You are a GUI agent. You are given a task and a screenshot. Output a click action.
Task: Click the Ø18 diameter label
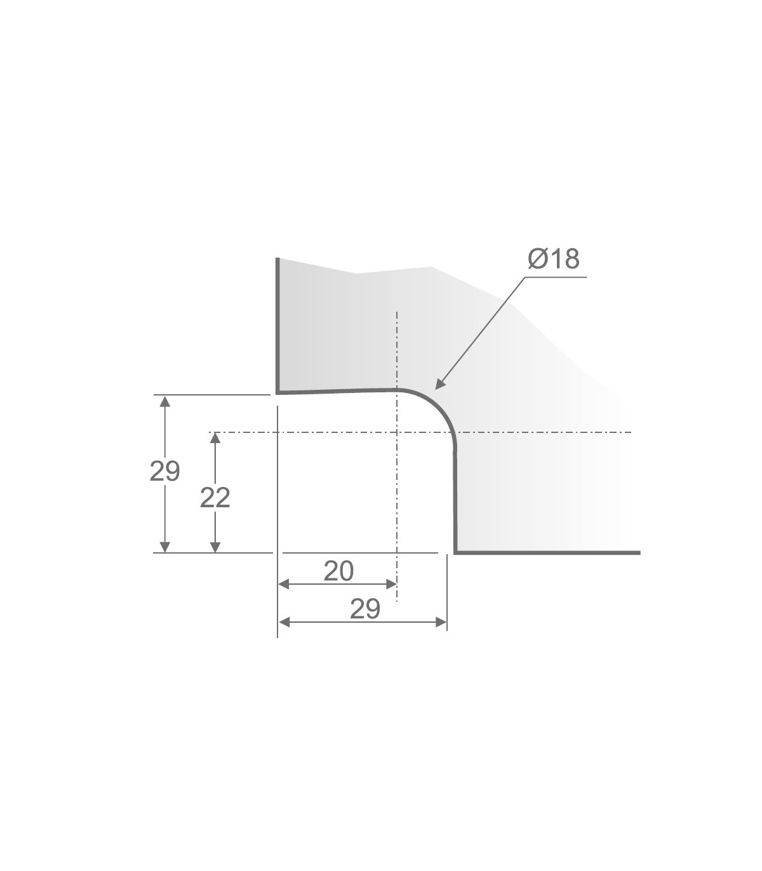tap(554, 259)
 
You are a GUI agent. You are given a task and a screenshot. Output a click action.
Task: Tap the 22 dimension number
tap(215, 498)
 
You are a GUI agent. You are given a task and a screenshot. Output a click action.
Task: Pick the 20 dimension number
tap(338, 571)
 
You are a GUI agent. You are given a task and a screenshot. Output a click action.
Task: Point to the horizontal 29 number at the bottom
tap(365, 609)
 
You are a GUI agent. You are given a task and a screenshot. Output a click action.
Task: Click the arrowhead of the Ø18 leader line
tap(438, 384)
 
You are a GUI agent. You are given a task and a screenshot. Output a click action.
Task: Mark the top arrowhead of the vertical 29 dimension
tap(165, 400)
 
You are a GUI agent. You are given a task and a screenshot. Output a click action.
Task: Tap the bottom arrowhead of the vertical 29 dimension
tap(165, 547)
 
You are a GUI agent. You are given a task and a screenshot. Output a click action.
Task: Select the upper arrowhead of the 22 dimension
tap(215, 438)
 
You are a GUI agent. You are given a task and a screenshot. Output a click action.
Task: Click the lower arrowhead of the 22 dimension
tap(215, 547)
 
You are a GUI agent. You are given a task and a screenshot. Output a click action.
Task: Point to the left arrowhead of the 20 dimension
tap(284, 583)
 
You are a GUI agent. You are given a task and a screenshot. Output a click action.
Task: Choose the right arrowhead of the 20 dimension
tap(391, 583)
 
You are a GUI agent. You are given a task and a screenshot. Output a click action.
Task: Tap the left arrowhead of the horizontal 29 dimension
tap(284, 622)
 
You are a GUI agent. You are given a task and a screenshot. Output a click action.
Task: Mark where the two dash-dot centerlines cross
tap(396, 433)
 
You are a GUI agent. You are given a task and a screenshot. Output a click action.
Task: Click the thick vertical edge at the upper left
tap(277, 324)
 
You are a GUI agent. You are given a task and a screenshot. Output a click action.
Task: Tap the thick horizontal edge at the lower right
tap(546, 552)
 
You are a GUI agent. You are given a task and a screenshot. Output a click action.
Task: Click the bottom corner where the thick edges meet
tap(455, 552)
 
